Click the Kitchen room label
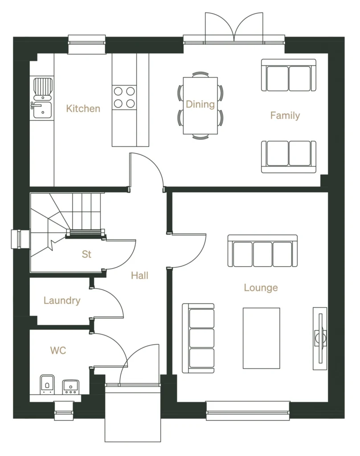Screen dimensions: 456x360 point(83,108)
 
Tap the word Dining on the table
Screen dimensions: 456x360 point(200,104)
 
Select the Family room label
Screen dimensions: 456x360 point(285,116)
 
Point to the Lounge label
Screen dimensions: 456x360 point(261,288)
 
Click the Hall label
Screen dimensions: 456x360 point(139,276)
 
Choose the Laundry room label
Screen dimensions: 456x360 point(62,301)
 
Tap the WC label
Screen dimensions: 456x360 point(58,350)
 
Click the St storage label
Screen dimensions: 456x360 point(86,254)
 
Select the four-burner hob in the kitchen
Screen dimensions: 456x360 point(124,97)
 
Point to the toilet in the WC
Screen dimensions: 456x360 point(47,384)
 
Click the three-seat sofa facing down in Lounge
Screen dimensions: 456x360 point(262,252)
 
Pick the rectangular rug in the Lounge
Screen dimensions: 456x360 point(261,338)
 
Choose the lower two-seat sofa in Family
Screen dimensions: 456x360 point(288,156)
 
